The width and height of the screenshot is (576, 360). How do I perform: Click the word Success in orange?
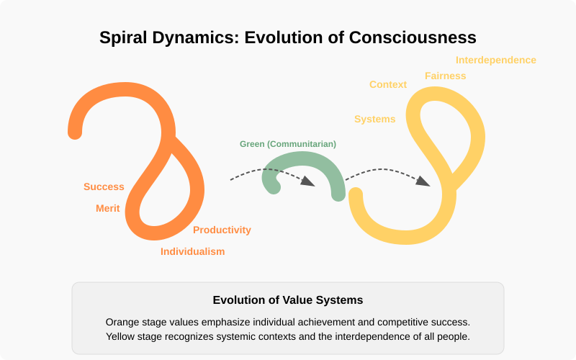tap(104, 186)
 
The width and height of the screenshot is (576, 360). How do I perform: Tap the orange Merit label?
tap(108, 208)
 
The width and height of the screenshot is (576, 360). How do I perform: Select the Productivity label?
tap(222, 230)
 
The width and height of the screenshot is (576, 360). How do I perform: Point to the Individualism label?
tap(192, 251)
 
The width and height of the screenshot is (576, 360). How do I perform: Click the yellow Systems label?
tap(374, 119)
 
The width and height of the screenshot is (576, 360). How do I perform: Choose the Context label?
tap(388, 84)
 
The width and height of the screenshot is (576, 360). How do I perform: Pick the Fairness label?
tap(445, 76)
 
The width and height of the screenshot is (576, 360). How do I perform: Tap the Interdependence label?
tap(495, 60)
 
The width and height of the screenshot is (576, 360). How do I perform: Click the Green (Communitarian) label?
tap(288, 144)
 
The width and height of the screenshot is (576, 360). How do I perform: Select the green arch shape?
tap(302, 167)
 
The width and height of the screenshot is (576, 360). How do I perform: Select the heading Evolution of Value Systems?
tap(288, 300)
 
